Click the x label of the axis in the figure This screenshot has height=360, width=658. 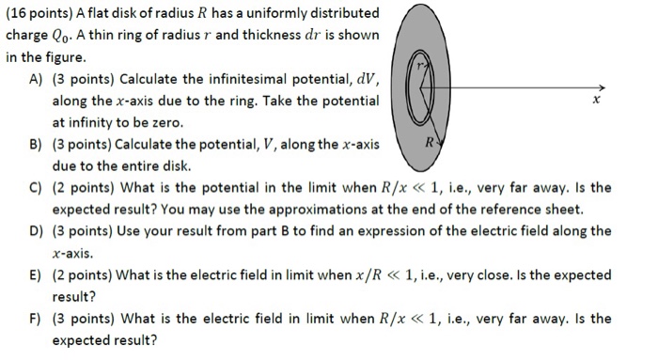[x=594, y=99]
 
